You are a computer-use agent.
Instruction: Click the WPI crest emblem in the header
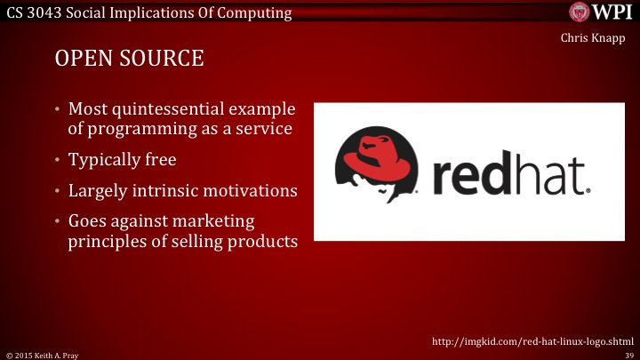point(580,12)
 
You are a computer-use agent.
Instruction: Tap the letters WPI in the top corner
point(612,12)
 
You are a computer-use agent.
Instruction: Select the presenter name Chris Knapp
point(596,38)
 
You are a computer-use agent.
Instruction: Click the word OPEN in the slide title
point(81,60)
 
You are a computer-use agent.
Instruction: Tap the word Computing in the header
point(258,12)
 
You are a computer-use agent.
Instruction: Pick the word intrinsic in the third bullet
point(169,190)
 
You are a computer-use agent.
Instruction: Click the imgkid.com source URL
point(532,341)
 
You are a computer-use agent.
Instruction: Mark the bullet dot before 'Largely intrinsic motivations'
point(58,190)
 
